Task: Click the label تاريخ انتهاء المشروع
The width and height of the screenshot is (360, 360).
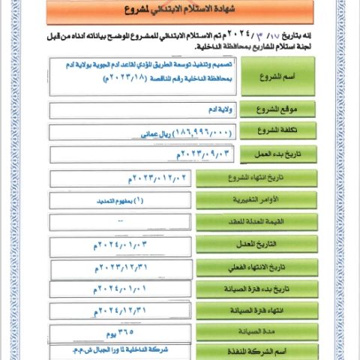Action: [x=238, y=178]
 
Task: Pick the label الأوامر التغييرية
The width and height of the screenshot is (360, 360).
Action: [x=238, y=201]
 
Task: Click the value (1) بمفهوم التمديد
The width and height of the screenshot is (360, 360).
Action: [x=120, y=201]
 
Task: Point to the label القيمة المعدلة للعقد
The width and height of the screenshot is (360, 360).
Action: [x=238, y=223]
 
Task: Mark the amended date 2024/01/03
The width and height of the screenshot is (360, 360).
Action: [x=120, y=244]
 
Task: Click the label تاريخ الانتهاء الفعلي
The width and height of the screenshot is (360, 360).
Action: [x=238, y=267]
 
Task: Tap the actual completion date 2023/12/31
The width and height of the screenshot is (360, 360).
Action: [x=120, y=267]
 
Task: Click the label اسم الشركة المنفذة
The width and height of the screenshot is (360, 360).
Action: [x=238, y=352]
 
